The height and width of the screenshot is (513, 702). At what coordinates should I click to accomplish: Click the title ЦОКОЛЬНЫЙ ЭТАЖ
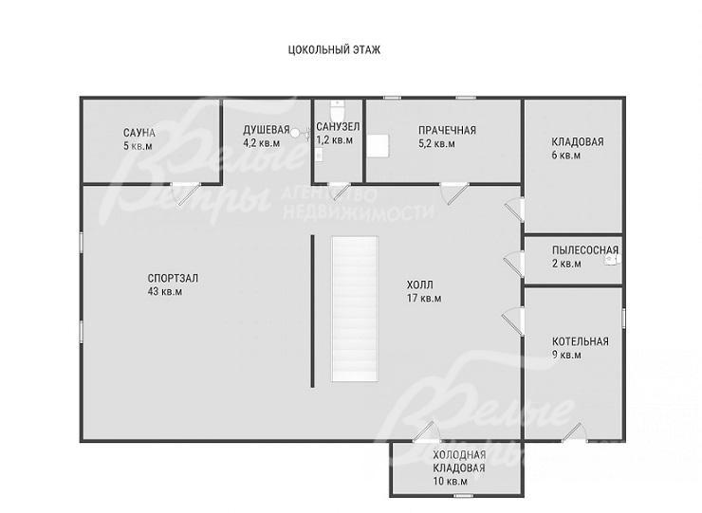click(335, 49)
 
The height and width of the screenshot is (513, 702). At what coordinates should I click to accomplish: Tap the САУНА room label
click(139, 133)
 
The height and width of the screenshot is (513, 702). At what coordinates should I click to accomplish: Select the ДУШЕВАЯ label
click(267, 130)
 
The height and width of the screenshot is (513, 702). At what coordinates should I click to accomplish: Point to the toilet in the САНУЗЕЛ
click(337, 107)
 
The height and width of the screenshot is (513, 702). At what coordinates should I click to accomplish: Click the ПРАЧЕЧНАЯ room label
click(447, 130)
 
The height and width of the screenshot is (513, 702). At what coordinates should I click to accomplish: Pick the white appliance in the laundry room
click(379, 145)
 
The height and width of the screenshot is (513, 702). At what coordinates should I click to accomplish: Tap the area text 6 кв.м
click(566, 156)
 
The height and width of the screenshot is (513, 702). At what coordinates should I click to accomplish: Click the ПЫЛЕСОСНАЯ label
click(585, 249)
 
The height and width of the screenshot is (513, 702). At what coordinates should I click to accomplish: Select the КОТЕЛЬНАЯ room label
click(581, 341)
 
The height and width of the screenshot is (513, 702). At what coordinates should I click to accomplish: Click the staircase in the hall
click(355, 309)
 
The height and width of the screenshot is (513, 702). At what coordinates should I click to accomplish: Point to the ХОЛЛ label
click(420, 284)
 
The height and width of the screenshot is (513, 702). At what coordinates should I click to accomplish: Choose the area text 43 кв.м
click(165, 292)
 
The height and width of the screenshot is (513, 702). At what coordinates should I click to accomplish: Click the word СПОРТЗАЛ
click(173, 278)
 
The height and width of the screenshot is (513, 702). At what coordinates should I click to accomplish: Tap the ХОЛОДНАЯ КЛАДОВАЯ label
click(459, 462)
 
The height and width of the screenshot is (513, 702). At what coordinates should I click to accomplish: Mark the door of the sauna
click(186, 192)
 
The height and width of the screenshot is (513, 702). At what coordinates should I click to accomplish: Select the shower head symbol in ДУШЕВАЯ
click(295, 133)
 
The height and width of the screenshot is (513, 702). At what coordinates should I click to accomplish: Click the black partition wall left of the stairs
click(312, 311)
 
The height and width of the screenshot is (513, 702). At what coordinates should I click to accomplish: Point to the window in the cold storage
click(464, 495)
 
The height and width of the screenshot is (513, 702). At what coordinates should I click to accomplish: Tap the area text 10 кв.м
click(450, 482)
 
